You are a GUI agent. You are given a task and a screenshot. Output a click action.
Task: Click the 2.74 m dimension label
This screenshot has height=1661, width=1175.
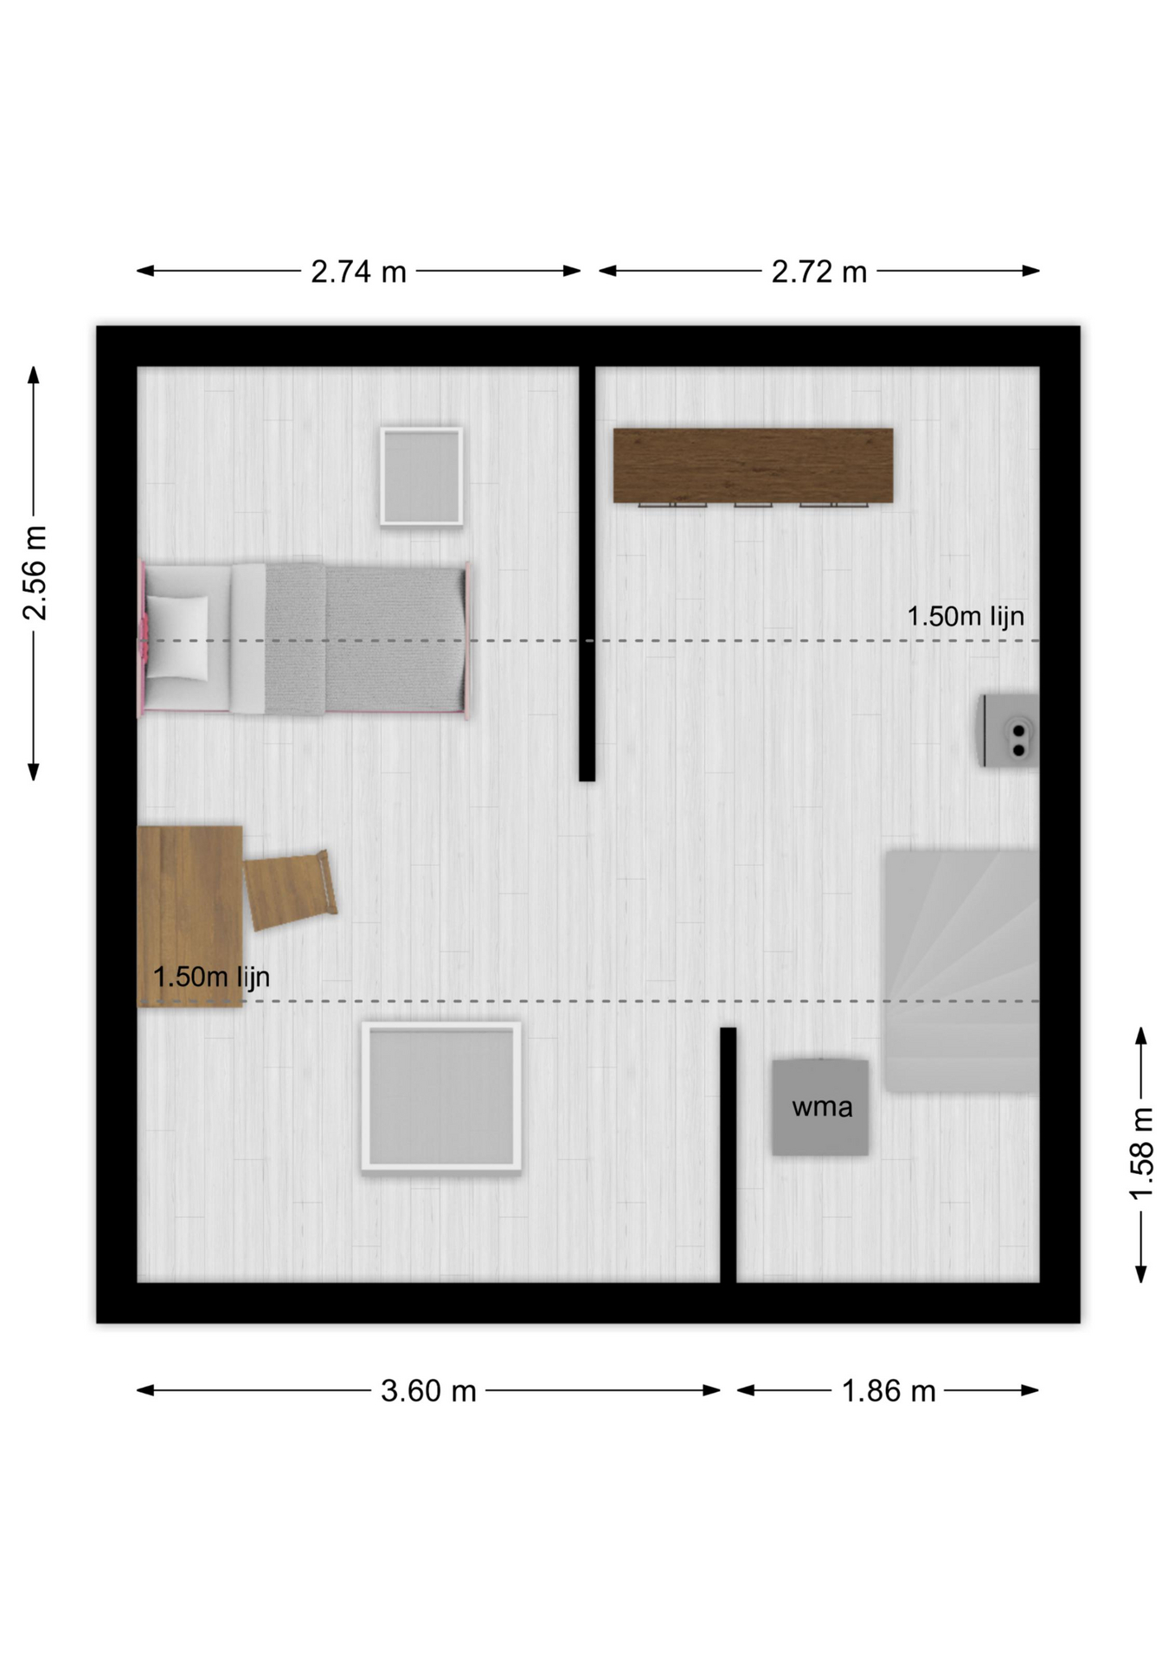(358, 272)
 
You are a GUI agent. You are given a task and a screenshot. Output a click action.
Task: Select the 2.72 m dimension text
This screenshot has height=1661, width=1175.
(819, 272)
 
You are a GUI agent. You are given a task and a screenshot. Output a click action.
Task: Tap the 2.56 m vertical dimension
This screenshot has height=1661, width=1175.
(35, 573)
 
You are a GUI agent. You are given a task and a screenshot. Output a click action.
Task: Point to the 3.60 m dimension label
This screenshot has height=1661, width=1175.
(428, 1390)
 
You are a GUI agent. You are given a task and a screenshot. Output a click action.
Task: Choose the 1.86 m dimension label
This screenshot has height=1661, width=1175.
(889, 1390)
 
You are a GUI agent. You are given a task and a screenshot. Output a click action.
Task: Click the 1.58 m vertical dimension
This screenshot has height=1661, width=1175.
(1142, 1153)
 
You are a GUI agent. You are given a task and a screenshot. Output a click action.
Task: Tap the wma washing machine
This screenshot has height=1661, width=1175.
(820, 1106)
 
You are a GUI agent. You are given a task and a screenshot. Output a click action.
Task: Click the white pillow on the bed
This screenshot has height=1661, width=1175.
(178, 638)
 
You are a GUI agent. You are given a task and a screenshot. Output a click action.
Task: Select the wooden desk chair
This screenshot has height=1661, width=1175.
(290, 889)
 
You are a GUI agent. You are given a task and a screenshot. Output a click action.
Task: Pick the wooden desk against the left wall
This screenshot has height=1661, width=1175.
(189, 916)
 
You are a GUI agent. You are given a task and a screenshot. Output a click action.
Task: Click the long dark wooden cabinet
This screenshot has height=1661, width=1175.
(753, 465)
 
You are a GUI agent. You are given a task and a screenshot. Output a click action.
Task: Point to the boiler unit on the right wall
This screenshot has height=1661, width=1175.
(1010, 730)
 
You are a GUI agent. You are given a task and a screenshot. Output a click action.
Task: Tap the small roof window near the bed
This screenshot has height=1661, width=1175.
(421, 476)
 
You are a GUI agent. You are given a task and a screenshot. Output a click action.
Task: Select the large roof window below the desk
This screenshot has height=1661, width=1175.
(441, 1097)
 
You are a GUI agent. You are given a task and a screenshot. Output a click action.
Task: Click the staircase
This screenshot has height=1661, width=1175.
(961, 971)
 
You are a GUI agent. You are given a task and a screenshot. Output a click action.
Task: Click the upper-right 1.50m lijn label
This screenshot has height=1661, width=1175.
(965, 616)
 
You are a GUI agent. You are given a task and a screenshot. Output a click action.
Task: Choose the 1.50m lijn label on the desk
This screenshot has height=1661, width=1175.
(211, 977)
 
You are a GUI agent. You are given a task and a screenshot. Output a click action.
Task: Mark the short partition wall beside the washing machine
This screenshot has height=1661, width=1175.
(729, 1155)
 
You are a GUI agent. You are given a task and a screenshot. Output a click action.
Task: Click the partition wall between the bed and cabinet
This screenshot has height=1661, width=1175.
(587, 574)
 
